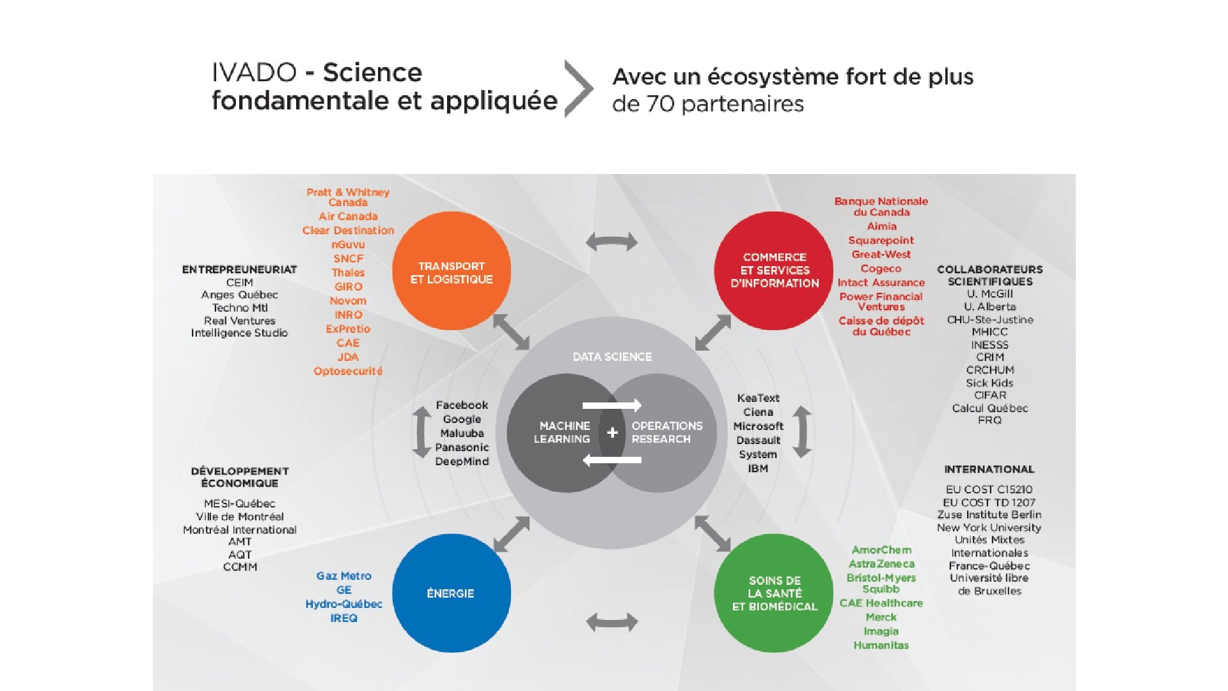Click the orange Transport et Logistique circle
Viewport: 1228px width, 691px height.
coord(452,271)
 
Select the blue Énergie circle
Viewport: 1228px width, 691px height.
coord(452,593)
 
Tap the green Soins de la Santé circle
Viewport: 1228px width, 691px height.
coord(774,593)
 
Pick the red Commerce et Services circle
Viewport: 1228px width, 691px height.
coord(774,270)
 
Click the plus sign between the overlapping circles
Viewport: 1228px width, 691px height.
coord(612,433)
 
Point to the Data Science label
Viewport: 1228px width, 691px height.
coord(612,357)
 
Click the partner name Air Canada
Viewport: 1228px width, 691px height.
coord(348,216)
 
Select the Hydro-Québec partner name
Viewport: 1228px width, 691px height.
coord(343,604)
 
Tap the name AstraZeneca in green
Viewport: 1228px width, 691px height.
coord(881,564)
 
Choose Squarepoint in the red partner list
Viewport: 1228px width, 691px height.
coord(881,241)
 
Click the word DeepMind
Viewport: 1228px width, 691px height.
coord(462,461)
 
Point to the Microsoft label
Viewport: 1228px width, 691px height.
coord(758,426)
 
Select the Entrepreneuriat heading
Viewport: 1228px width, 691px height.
coord(239,269)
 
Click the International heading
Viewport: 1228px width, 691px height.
coord(989,469)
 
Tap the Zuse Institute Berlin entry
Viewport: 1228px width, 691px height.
coord(989,514)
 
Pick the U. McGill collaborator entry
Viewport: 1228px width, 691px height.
coord(989,294)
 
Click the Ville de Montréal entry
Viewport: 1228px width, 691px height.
coord(240,516)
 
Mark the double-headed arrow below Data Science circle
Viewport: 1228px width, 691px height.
coord(612,622)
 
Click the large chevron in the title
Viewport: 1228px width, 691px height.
coord(578,89)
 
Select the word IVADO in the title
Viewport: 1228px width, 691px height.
coord(254,72)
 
